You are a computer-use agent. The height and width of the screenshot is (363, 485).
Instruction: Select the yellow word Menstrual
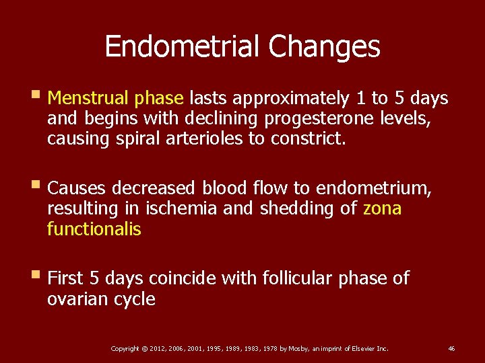(x=90, y=99)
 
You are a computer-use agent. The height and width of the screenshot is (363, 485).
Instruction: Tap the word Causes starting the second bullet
(x=77, y=188)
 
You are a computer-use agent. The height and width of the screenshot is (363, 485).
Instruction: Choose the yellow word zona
(x=382, y=209)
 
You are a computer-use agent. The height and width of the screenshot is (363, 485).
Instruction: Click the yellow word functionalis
(x=94, y=229)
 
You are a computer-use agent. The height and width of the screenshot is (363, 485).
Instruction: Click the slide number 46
(x=451, y=348)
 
